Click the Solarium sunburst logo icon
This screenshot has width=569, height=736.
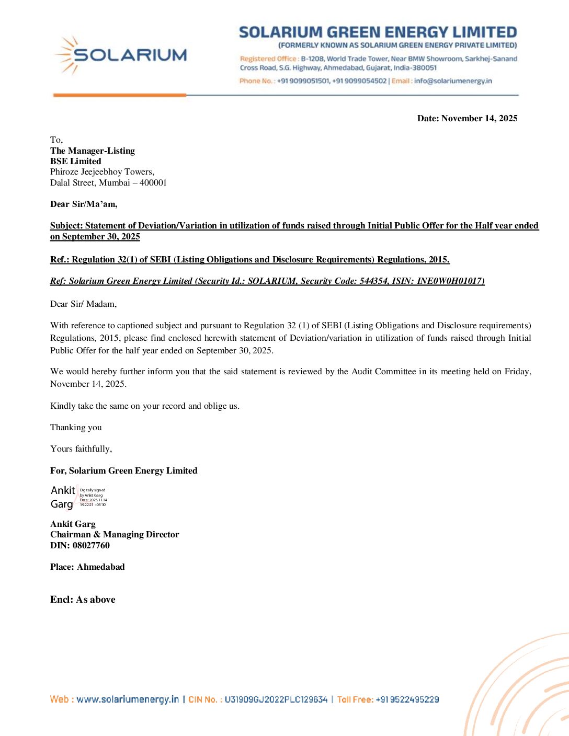pos(66,54)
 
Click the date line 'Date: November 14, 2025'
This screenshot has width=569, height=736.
pos(467,119)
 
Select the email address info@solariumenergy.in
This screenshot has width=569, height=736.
pos(453,81)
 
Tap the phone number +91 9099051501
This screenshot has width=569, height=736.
pos(303,81)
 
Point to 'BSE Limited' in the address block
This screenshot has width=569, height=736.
pos(76,161)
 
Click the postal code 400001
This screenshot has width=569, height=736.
pos(153,182)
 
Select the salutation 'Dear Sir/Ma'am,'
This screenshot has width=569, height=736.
pos(84,204)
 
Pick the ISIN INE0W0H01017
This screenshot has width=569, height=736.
pos(449,281)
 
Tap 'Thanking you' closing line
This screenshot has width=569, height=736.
pos(76,427)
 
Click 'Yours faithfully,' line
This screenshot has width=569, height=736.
pos(81,448)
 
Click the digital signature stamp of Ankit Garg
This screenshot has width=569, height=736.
pos(78,497)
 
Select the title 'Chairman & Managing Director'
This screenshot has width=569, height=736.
pos(115,534)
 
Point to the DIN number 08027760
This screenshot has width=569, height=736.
pos(91,545)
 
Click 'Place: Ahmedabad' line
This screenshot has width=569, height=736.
pos(87,567)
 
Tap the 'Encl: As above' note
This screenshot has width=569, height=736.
pos(83,600)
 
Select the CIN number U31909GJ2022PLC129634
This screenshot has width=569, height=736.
pos(276,699)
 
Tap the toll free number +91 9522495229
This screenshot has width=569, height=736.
pos(407,699)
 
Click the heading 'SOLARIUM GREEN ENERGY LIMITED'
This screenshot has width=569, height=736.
pos(378,32)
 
